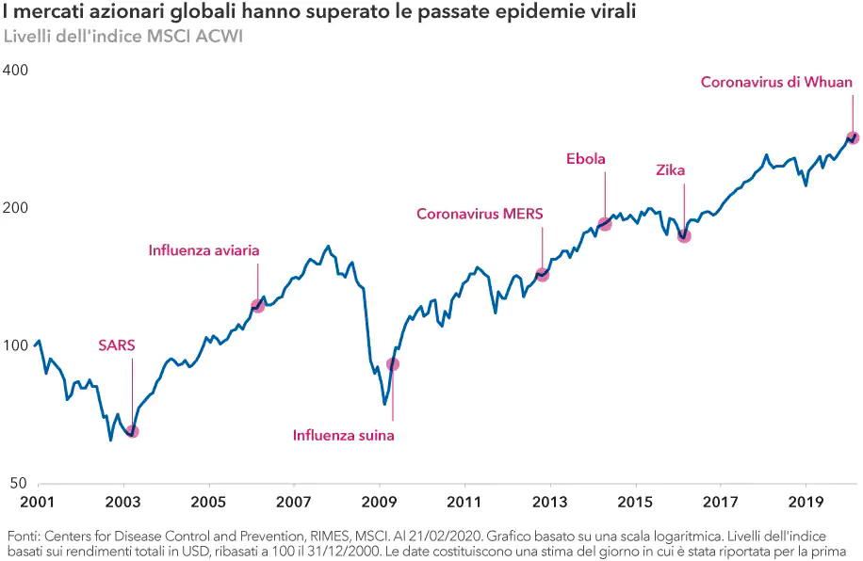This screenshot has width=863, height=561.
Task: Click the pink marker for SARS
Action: pos(132,431)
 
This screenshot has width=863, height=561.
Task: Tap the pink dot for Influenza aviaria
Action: pos(257,306)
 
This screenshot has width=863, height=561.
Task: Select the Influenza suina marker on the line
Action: pos(393,364)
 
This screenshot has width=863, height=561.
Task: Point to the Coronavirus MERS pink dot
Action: pos(542,275)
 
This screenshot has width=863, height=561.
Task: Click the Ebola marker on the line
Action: pos(605,224)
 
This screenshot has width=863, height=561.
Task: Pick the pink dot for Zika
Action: pos(684,235)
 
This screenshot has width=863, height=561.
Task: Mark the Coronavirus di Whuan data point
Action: pos(854,138)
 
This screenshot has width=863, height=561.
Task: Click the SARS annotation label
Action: pos(117,345)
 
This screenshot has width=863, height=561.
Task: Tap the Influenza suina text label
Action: pos(343,436)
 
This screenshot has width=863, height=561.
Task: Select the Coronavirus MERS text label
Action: pos(480,214)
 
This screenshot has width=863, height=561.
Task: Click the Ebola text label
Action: pos(585,158)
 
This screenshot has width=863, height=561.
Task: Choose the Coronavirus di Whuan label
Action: pos(776,83)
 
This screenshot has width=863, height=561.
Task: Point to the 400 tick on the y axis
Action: pos(15,71)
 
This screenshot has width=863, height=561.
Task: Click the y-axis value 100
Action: pos(15,345)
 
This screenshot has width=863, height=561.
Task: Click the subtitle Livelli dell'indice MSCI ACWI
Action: pos(123,38)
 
